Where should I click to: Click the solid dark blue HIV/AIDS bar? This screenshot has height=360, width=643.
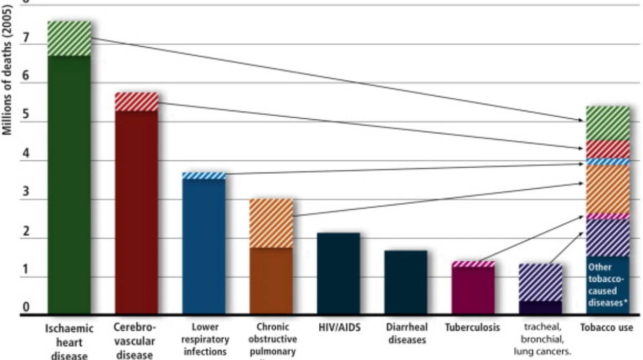click(x=338, y=273)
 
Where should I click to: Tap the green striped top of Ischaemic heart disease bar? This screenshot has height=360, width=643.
click(x=69, y=39)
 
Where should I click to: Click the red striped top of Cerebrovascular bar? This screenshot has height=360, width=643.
click(x=136, y=102)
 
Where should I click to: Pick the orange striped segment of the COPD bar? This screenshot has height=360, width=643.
click(x=271, y=223)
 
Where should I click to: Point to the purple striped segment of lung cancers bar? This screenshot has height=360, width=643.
click(x=540, y=282)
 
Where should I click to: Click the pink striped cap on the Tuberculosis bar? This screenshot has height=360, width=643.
click(x=473, y=264)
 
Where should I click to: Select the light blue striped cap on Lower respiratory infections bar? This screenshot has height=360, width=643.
click(x=204, y=175)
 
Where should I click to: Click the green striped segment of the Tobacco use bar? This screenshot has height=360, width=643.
click(x=608, y=123)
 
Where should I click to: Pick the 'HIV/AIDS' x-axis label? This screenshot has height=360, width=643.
click(x=338, y=327)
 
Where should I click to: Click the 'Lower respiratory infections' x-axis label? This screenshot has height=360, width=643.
click(x=204, y=339)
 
